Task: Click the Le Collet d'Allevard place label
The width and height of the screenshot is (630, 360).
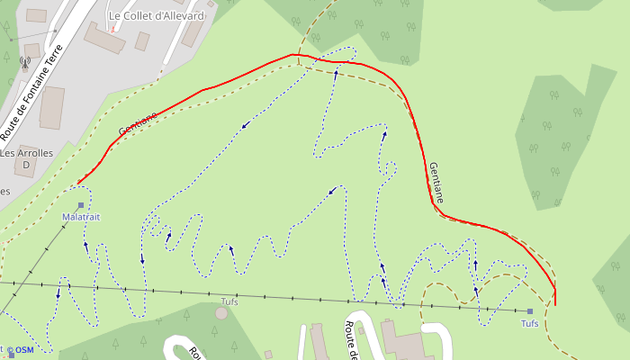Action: point(157,16)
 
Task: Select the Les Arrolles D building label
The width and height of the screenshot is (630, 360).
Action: point(27,158)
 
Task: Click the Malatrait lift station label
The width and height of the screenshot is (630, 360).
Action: point(81,218)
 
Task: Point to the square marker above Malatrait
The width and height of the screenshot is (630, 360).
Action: point(81,206)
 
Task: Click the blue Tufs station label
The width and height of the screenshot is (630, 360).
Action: point(530,323)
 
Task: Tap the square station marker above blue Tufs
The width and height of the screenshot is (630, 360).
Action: point(530,311)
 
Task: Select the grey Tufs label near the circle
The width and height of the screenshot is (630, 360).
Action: point(229,301)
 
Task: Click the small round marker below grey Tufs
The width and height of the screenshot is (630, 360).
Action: point(221,312)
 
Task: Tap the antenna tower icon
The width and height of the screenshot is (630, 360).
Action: point(24,63)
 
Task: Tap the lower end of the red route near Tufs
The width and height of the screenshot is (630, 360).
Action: point(555,304)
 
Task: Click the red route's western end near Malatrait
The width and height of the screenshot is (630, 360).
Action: point(78,184)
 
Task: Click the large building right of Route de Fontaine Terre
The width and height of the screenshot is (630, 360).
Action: point(52,108)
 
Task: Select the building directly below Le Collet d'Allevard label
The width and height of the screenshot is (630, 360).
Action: point(103,38)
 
